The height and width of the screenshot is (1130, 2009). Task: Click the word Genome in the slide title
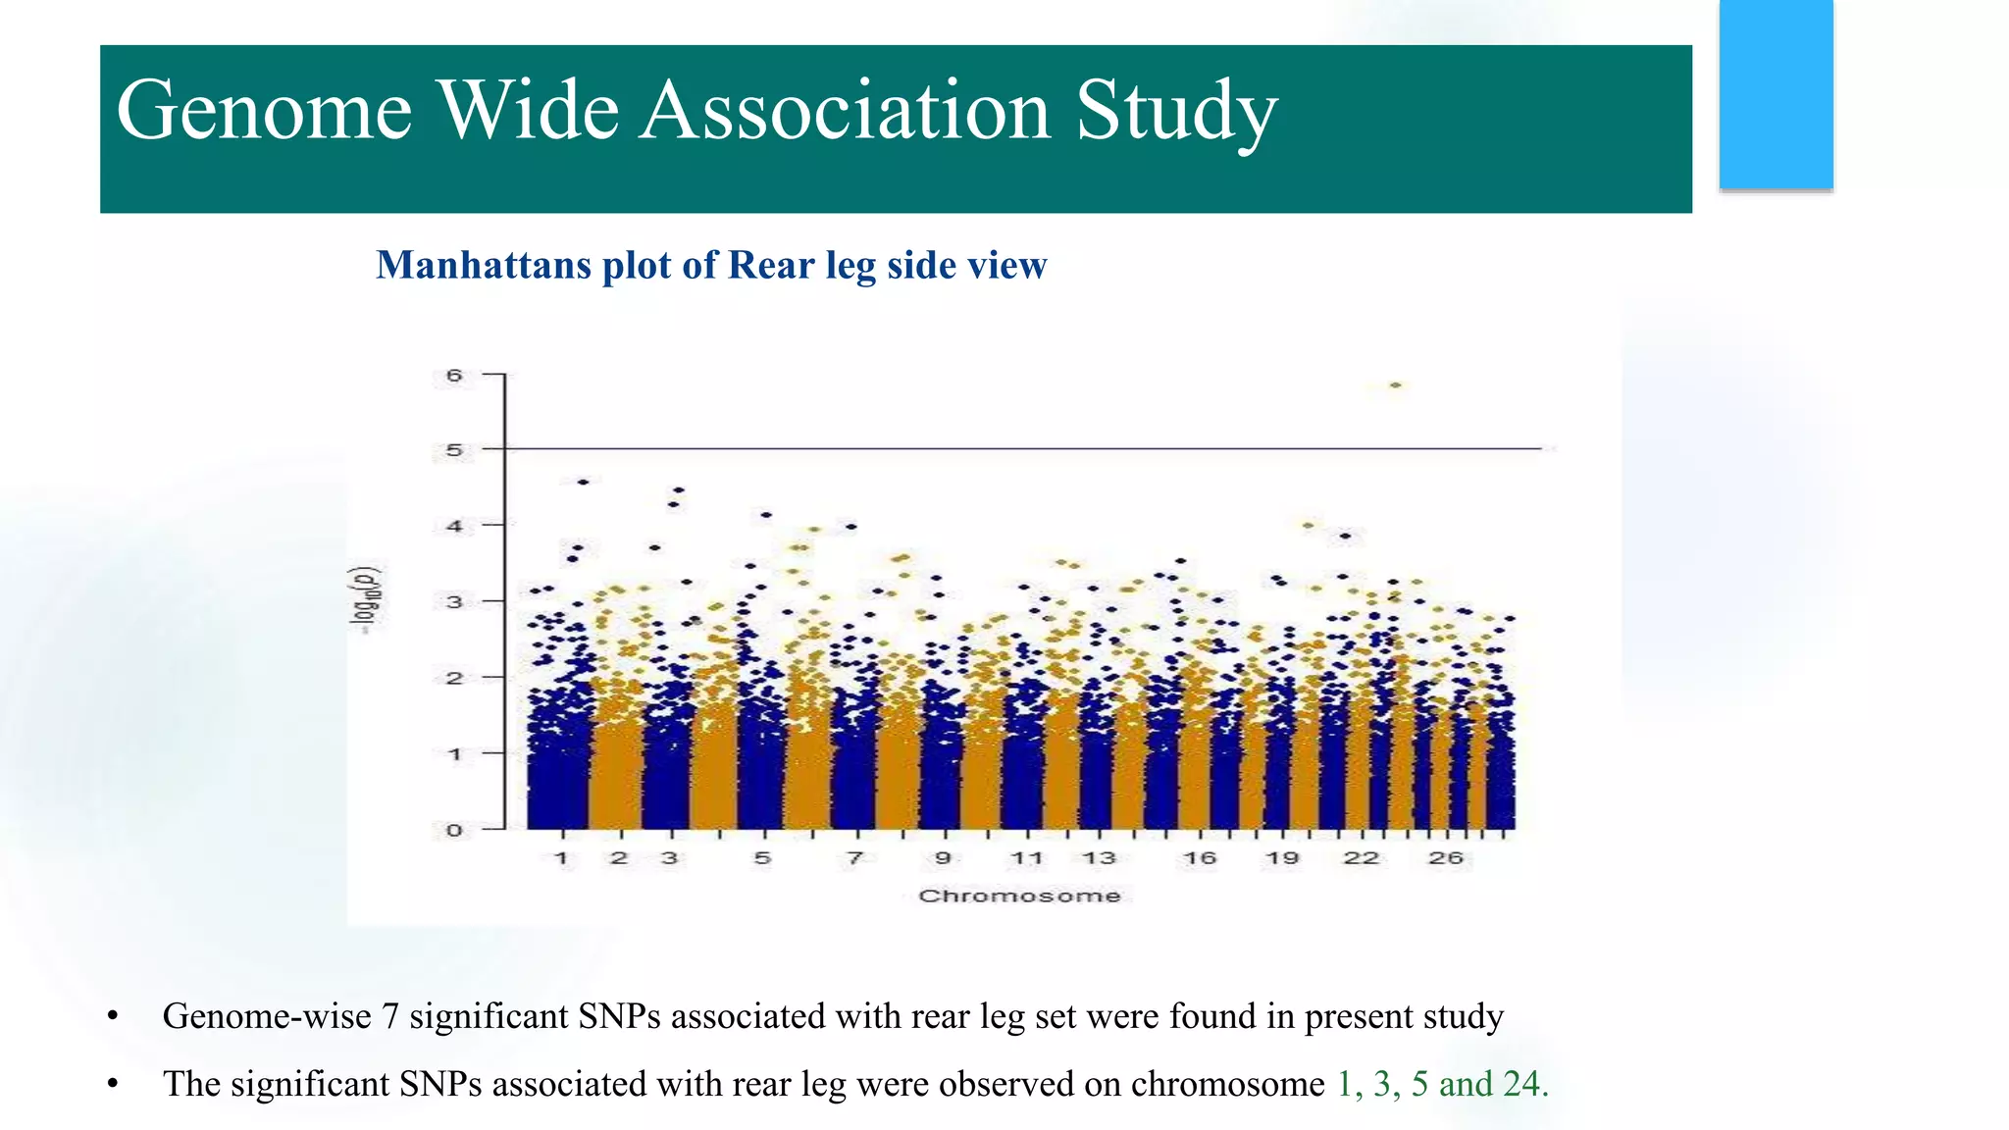point(263,110)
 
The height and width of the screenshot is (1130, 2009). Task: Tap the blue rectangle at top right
point(1776,94)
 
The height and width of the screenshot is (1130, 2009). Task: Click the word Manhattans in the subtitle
point(483,266)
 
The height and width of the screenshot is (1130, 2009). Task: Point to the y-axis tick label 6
point(454,376)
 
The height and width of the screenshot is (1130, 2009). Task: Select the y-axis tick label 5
point(454,451)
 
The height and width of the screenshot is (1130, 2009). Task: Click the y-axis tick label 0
point(454,830)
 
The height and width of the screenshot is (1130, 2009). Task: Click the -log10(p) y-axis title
point(367,599)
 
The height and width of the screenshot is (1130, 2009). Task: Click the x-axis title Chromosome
point(1019,896)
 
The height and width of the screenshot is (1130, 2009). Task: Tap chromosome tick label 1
point(561,858)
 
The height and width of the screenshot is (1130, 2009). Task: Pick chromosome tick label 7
point(855,858)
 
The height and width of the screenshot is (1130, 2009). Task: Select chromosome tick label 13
point(1099,858)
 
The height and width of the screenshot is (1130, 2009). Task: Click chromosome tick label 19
point(1282,858)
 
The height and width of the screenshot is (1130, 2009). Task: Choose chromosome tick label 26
point(1446,858)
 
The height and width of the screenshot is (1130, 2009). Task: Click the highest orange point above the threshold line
point(1396,385)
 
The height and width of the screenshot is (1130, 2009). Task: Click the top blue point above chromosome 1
point(584,482)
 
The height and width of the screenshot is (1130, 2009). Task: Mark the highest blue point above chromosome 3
point(679,489)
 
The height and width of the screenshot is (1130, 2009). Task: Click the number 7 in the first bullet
point(389,1016)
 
